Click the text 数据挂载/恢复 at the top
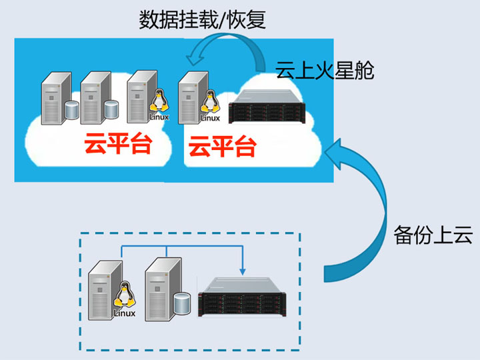[202, 20]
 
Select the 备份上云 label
[433, 235]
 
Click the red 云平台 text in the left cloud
[117, 143]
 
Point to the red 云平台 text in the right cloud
[222, 145]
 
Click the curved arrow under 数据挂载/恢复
[227, 50]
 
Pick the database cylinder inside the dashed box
[182, 303]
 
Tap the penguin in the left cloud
[158, 102]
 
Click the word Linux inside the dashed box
[125, 313]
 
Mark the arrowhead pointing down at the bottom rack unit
[243, 270]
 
